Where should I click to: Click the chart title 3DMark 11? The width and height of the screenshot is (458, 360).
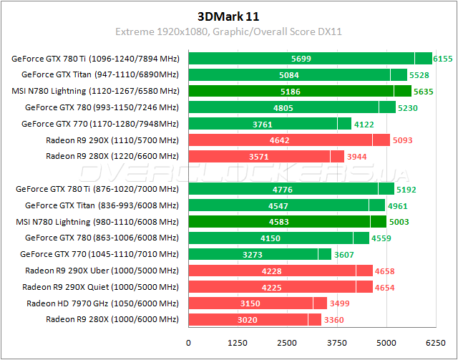point(228,15)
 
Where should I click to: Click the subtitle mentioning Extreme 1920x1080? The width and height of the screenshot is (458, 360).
point(228,31)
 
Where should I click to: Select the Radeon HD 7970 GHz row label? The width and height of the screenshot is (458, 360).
point(102,303)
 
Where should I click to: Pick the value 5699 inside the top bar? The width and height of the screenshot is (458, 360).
point(301,59)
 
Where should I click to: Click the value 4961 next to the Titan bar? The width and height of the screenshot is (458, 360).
point(399,205)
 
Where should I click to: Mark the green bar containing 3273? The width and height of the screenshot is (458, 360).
point(253,254)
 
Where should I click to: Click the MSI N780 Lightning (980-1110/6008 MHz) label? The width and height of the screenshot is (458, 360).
point(96,222)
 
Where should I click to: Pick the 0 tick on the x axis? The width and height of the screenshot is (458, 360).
point(189,342)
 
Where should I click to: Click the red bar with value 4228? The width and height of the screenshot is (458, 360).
point(272,271)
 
